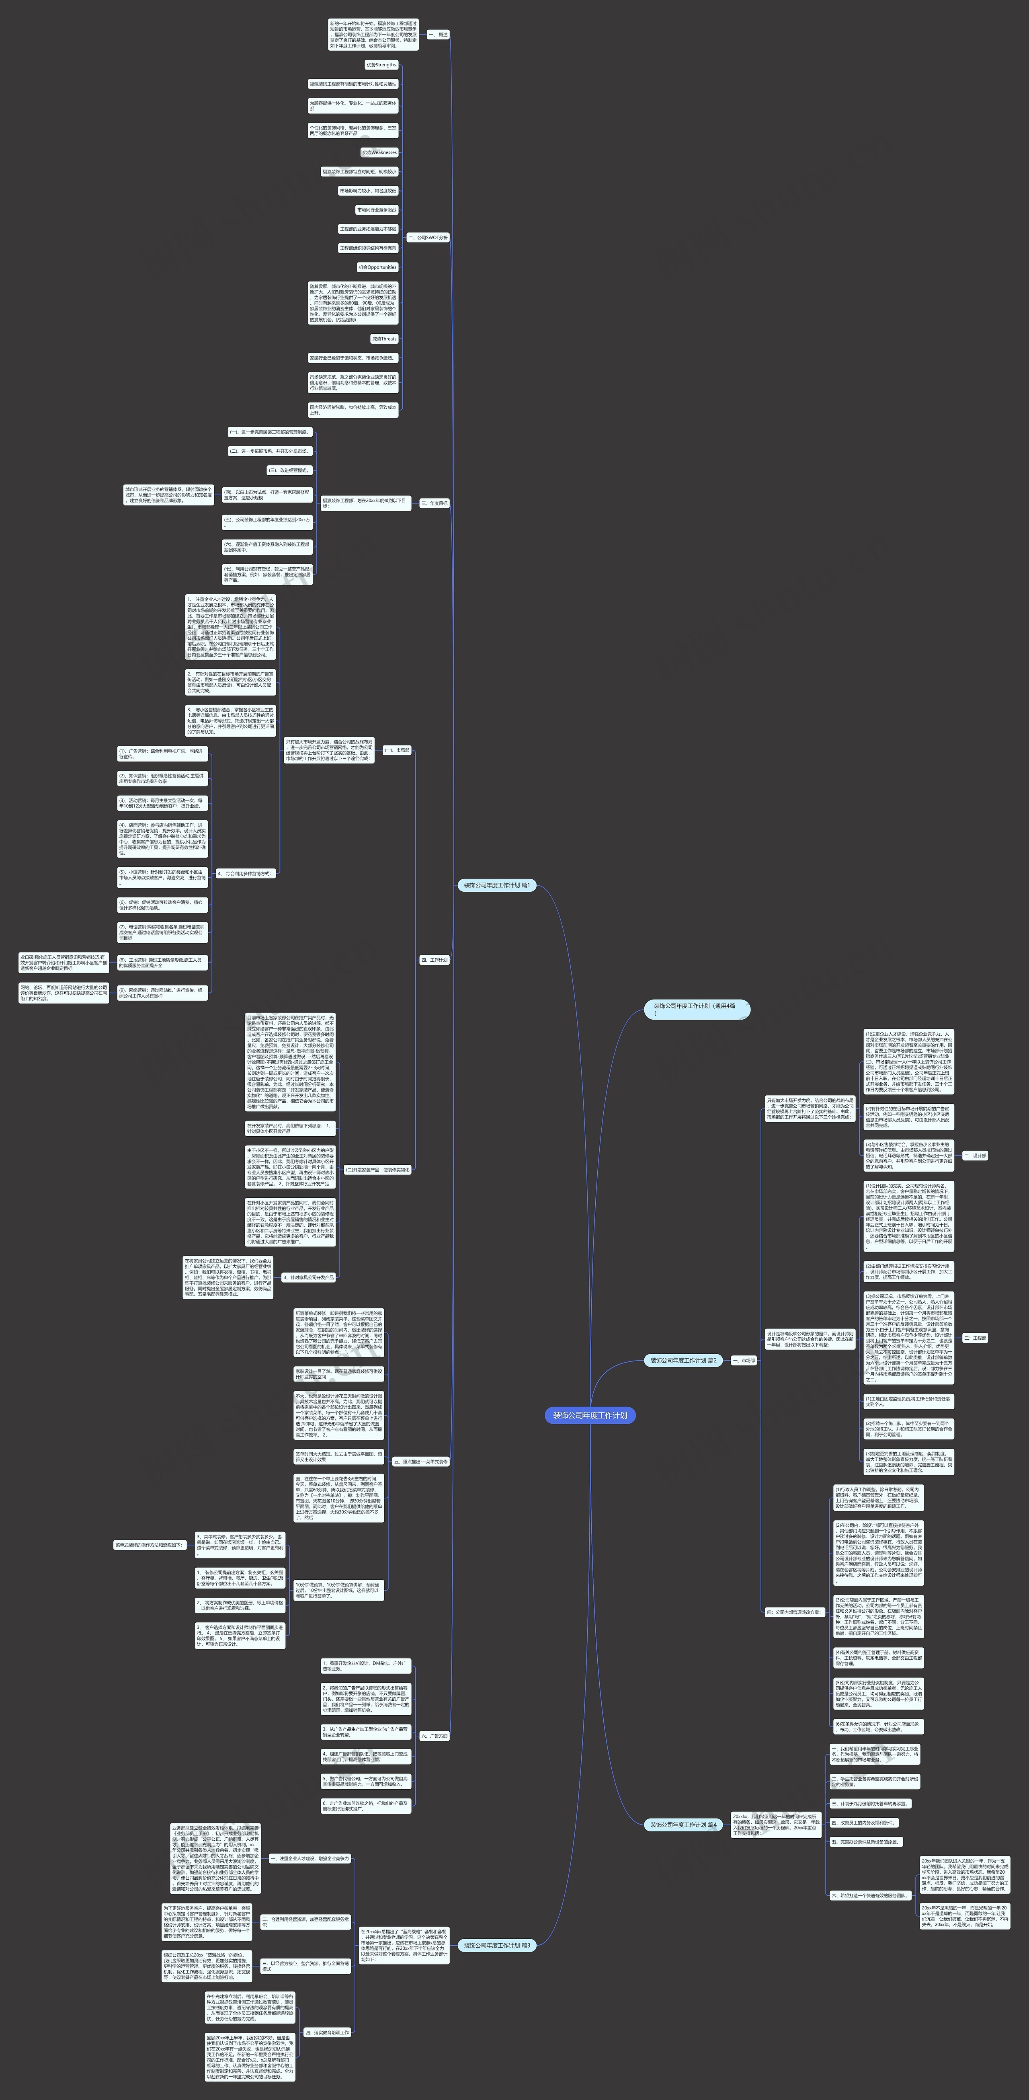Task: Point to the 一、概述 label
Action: click(x=437, y=35)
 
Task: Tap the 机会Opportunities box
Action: click(x=377, y=267)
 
